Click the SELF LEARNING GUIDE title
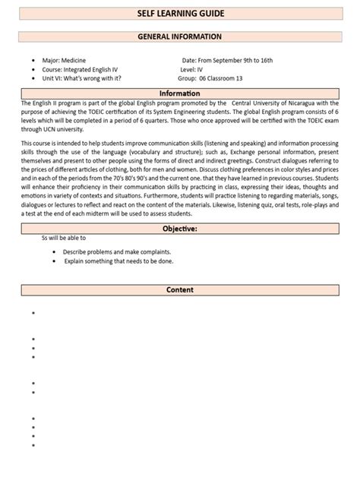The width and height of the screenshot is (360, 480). tap(179, 14)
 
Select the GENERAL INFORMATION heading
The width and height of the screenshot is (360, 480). tap(179, 36)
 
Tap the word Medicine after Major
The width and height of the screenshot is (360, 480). tap(78, 59)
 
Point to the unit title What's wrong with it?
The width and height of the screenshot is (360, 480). tap(96, 77)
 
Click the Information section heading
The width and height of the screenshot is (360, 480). tap(179, 93)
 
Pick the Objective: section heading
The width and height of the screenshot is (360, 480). tap(179, 228)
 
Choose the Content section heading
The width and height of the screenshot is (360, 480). tap(179, 289)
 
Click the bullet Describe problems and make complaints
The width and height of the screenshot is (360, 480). tap(117, 251)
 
